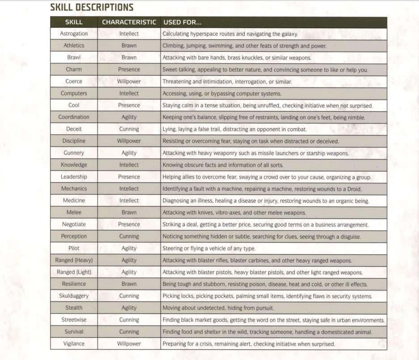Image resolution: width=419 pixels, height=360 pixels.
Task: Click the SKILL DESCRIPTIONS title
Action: point(92,8)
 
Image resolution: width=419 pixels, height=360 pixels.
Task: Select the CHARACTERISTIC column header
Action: point(129,22)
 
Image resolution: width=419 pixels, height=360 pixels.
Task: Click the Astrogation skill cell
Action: point(74,33)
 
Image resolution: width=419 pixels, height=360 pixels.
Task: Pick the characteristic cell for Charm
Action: point(129,69)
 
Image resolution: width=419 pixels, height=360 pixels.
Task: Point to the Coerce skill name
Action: point(74,81)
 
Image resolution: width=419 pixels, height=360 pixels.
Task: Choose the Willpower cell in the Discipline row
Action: point(129,141)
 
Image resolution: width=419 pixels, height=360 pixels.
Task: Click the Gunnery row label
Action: point(74,153)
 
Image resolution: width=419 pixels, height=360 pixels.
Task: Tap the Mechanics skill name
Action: point(74,188)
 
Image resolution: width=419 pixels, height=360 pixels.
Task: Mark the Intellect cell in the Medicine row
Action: point(129,201)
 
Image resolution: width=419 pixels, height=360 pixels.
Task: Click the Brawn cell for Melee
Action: point(129,213)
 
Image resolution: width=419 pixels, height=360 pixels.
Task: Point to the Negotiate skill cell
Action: point(74,224)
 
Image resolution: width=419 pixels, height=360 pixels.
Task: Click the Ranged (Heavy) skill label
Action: point(74,260)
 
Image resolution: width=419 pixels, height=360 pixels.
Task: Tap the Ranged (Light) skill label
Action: point(74,272)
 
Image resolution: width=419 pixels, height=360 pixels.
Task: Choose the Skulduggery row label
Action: point(74,296)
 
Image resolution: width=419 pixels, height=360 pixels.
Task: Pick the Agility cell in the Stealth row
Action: point(129,308)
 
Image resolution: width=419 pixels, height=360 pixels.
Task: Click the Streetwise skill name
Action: point(74,320)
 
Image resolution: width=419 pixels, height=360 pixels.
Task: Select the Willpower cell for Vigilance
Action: point(129,343)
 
